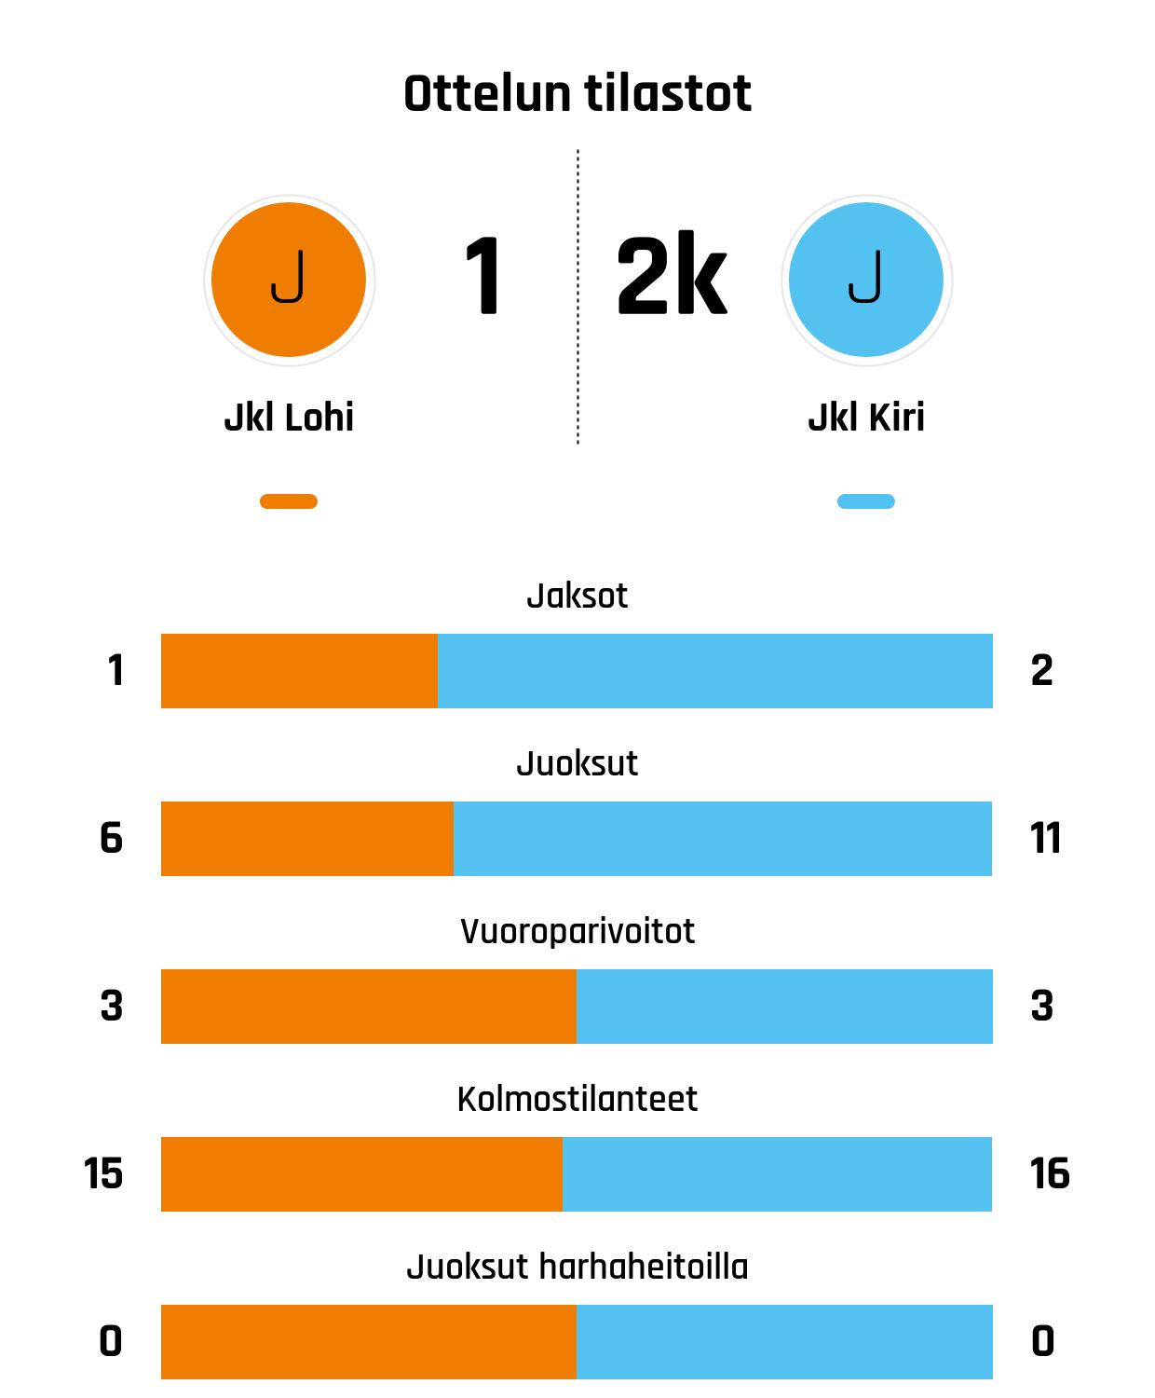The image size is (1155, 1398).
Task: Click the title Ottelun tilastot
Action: [x=577, y=94]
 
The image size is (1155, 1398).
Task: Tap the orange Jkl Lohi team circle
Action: [x=289, y=280]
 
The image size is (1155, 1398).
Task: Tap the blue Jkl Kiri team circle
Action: [x=866, y=280]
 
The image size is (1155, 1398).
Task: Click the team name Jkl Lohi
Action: [x=289, y=418]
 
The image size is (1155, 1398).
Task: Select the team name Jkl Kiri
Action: [x=866, y=418]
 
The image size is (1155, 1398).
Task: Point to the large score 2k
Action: [x=671, y=278]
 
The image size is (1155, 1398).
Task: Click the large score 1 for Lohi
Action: [x=482, y=278]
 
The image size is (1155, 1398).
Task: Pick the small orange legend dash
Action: [x=289, y=501]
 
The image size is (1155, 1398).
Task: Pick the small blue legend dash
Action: [x=866, y=501]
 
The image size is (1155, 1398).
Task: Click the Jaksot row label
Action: [x=577, y=596]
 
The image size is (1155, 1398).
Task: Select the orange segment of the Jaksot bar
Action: [x=299, y=671]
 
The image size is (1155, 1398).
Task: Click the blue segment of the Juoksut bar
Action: [x=723, y=839]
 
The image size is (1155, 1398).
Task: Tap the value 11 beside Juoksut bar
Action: [x=1045, y=839]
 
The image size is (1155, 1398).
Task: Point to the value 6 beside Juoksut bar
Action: [x=111, y=839]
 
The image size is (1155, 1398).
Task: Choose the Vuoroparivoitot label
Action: [x=577, y=931]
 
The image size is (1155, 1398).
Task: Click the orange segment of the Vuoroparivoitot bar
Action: [x=369, y=1007]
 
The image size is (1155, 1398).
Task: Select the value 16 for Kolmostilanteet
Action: [x=1050, y=1174]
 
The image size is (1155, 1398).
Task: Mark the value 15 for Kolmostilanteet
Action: [x=103, y=1174]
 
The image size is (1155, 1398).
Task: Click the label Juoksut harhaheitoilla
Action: [x=577, y=1267]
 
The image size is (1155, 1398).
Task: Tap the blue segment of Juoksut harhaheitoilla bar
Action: [x=784, y=1342]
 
